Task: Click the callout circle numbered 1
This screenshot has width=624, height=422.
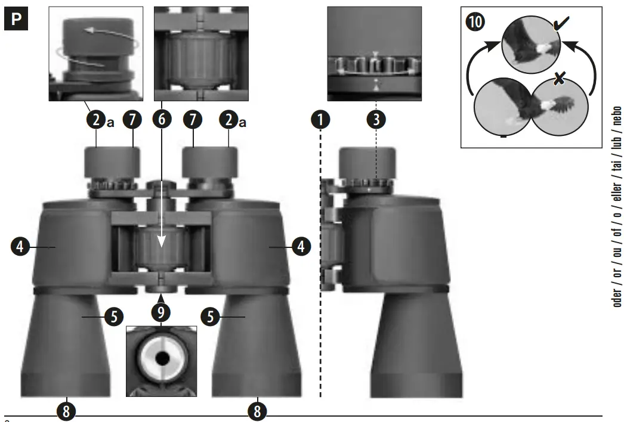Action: pos(321,119)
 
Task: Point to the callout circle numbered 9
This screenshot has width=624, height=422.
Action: pos(160,312)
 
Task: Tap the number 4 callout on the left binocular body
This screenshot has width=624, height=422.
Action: pos(21,246)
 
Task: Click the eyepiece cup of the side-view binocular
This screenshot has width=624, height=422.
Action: pos(367,161)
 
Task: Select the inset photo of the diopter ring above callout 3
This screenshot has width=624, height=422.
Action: pos(374,54)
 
